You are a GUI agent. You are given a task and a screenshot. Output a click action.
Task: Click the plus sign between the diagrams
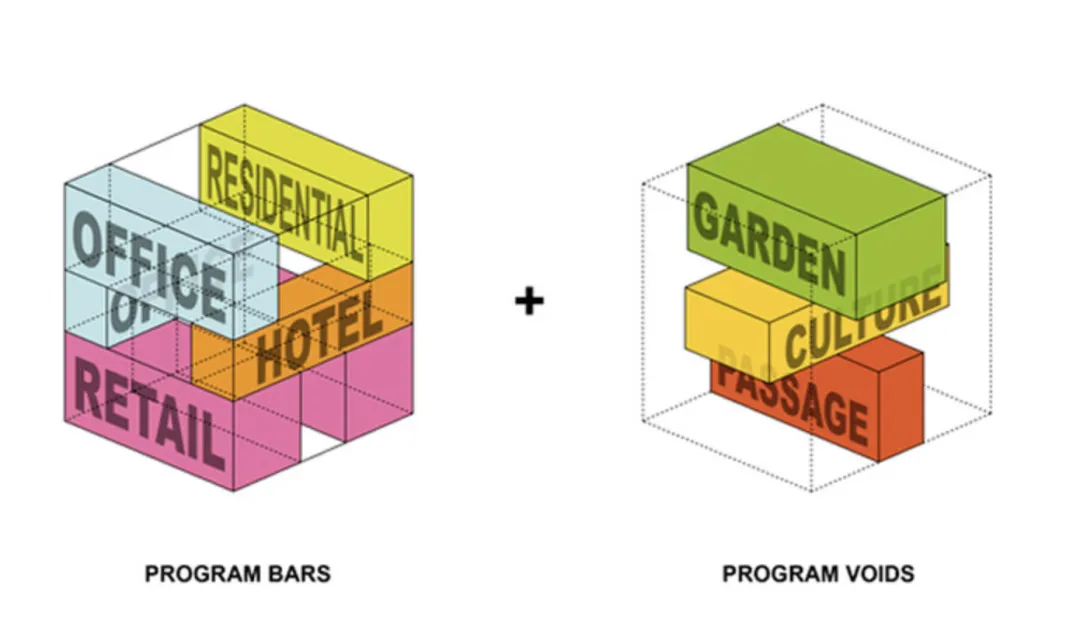(530, 300)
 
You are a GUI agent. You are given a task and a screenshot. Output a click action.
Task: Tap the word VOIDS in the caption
(880, 574)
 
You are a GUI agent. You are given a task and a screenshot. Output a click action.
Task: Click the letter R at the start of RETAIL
(88, 389)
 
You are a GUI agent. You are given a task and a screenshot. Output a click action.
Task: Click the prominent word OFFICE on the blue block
(150, 263)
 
